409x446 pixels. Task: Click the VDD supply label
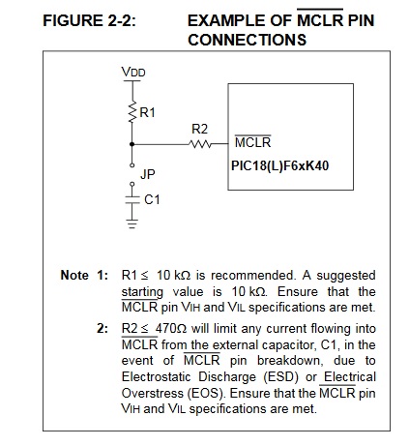(x=133, y=72)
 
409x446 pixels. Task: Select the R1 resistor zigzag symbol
(x=131, y=112)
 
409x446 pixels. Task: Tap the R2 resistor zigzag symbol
(x=200, y=144)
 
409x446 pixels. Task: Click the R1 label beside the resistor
(x=147, y=112)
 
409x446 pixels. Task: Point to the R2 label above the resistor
(x=200, y=129)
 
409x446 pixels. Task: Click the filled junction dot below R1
(x=131, y=144)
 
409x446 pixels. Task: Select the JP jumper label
(x=148, y=174)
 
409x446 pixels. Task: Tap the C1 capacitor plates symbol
(x=131, y=200)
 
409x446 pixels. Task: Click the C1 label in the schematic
(x=152, y=200)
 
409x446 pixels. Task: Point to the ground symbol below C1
(x=131, y=223)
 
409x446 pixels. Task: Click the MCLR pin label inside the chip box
(x=253, y=142)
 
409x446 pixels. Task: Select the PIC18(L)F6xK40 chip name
(x=280, y=165)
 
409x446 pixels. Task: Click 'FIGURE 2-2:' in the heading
(x=90, y=21)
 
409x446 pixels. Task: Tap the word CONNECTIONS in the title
(x=248, y=40)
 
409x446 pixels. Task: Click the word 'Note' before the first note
(x=74, y=276)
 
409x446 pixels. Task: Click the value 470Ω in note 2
(x=171, y=329)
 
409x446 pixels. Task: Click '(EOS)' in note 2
(x=206, y=393)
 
